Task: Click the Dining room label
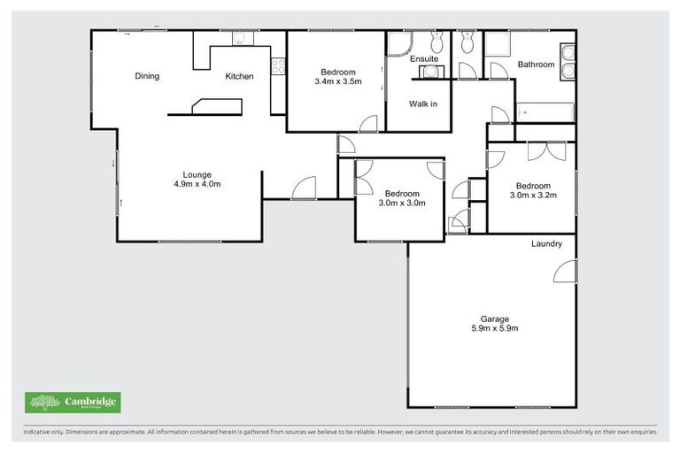(x=147, y=76)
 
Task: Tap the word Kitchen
(x=239, y=76)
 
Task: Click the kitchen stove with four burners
(x=278, y=64)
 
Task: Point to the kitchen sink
(x=238, y=39)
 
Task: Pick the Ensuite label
(x=424, y=59)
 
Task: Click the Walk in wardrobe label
(x=422, y=104)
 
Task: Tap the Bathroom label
(x=536, y=65)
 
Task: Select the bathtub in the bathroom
(x=545, y=112)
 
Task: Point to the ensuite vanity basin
(x=429, y=70)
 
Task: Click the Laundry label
(x=547, y=243)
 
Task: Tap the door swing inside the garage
(x=564, y=273)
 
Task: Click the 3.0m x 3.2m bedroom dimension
(x=534, y=195)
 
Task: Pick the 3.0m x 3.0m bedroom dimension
(x=402, y=203)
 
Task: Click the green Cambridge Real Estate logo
(x=72, y=403)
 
